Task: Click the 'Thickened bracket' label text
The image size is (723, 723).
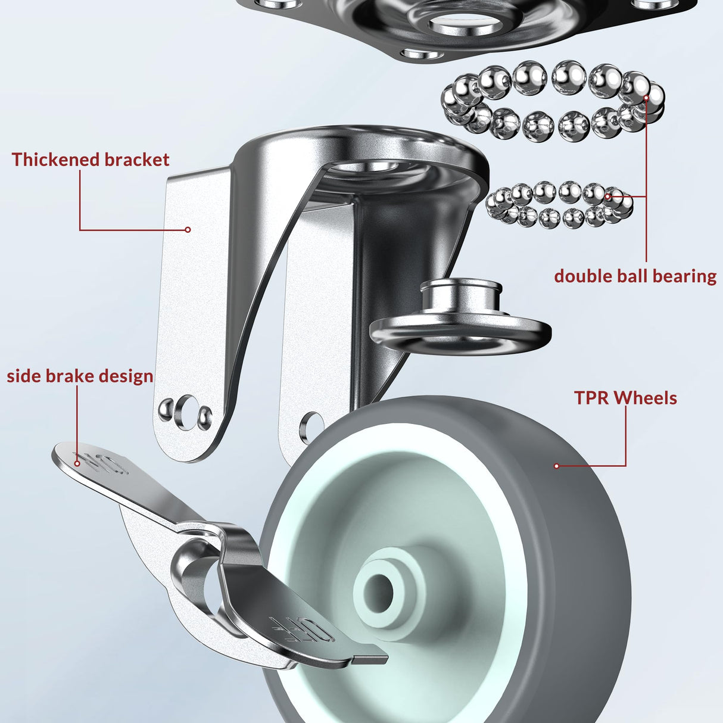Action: point(91,160)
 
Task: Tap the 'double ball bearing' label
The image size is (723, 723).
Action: point(635,276)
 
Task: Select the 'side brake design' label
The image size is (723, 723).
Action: point(80,376)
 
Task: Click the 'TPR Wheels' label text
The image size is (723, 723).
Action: point(625,398)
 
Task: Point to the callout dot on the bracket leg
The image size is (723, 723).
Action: point(188,230)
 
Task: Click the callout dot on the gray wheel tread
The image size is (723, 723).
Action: point(557,466)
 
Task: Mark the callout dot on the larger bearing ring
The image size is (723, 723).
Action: point(646,95)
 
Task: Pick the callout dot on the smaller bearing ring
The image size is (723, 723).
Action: point(607,195)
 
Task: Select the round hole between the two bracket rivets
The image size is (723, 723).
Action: point(186,410)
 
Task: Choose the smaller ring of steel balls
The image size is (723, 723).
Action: point(559,204)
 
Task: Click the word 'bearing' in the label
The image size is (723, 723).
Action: point(684,276)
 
